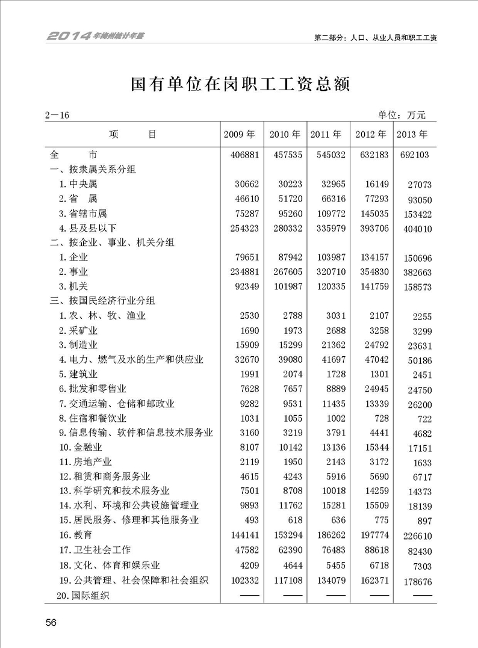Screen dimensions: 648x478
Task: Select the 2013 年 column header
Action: pos(412,134)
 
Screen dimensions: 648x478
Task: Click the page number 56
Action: pos(51,622)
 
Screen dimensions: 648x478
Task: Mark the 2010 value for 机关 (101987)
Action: pos(285,286)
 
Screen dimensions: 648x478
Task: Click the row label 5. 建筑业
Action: pos(78,375)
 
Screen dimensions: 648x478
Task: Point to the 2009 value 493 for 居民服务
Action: pos(249,520)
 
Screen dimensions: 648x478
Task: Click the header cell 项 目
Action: pos(132,134)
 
